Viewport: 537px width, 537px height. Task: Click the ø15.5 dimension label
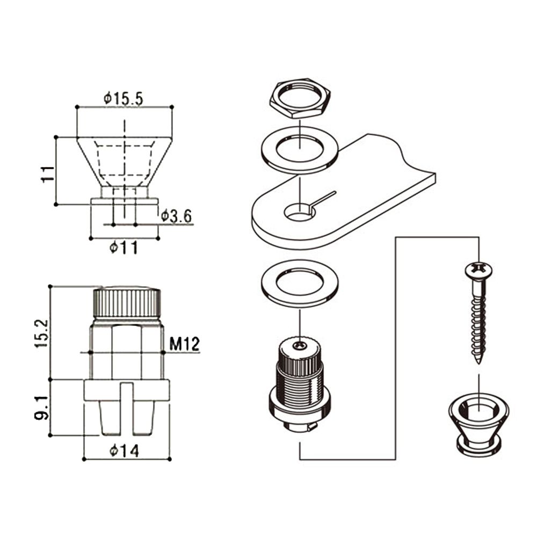(124, 99)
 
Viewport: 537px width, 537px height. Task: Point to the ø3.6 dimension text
(177, 216)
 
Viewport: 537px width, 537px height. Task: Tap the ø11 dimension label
(124, 248)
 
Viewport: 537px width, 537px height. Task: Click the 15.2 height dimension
(42, 333)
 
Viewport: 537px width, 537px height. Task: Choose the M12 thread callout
(184, 344)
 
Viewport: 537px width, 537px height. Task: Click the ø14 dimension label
(124, 451)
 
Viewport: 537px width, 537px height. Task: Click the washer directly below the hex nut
(299, 150)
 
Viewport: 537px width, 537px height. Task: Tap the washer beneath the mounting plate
(300, 285)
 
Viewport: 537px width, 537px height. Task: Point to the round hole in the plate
(299, 213)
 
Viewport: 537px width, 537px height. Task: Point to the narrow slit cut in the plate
(325, 197)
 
